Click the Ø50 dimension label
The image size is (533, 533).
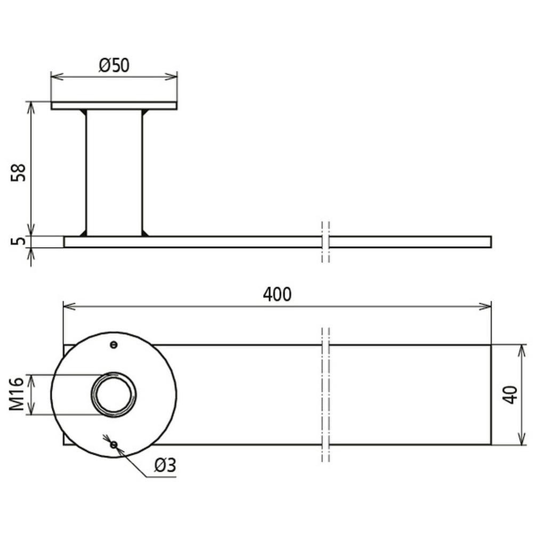(114, 65)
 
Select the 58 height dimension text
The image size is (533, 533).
(18, 173)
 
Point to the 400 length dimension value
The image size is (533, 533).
(277, 294)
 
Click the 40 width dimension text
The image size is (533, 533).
(510, 394)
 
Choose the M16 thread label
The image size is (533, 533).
(17, 393)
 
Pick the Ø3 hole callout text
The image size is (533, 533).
(165, 465)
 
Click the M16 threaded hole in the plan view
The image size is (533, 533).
(114, 394)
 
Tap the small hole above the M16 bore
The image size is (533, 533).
(114, 345)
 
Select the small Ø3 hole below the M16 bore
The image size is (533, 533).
(114, 445)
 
